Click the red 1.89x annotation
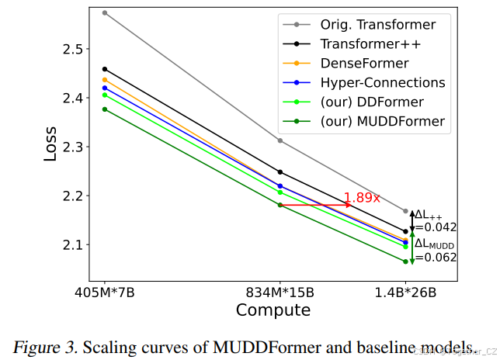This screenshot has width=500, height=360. click(x=362, y=198)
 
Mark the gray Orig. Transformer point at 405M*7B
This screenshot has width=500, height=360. click(x=105, y=12)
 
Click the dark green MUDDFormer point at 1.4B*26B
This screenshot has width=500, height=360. click(x=405, y=261)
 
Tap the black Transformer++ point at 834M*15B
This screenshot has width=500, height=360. click(x=280, y=171)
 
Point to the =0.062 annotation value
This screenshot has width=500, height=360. click(x=435, y=258)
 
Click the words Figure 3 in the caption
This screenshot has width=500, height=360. click(x=44, y=345)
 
